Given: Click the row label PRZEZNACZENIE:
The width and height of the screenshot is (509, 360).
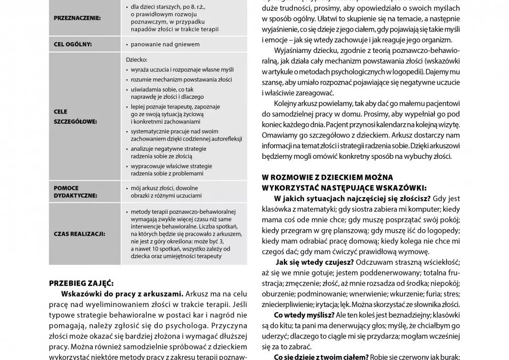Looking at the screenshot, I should point(77,18).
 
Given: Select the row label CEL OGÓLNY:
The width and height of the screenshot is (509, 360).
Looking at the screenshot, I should point(72,44).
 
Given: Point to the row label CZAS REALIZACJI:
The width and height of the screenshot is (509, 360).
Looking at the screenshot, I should point(79,234).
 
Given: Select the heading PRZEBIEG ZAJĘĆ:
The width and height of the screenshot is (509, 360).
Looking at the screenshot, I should point(81,283).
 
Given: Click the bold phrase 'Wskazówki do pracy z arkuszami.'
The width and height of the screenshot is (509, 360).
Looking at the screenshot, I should point(122,294).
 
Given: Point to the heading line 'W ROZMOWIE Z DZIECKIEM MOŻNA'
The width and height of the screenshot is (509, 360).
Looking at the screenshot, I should point(327,177).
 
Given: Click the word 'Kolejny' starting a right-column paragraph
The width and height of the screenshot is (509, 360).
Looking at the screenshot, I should point(288,104).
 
